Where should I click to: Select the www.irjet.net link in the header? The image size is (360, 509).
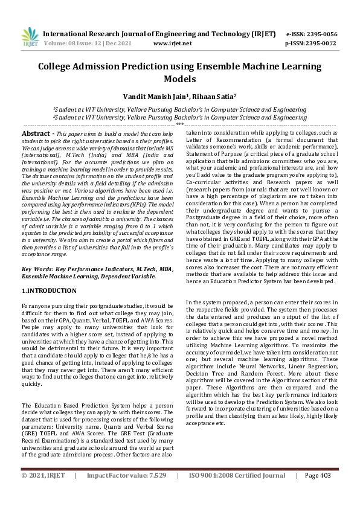(172, 43)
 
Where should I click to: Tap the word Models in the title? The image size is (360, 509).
(180, 79)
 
